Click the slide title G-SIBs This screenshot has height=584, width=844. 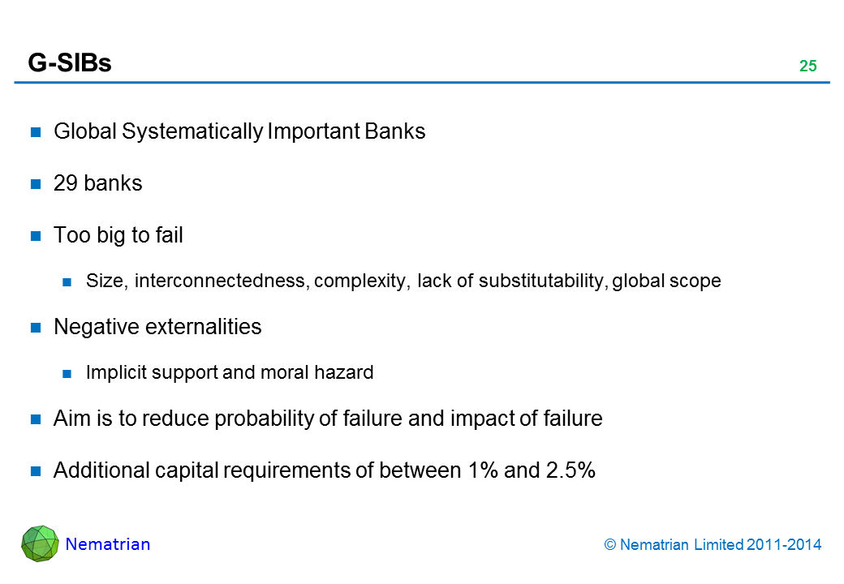point(70,64)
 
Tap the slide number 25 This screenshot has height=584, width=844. point(807,67)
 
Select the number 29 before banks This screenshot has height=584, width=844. point(65,183)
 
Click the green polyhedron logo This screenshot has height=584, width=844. point(40,543)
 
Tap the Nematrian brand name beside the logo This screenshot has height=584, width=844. point(108,544)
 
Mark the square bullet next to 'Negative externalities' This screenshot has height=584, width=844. point(37,328)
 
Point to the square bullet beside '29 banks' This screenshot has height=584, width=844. point(37,184)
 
